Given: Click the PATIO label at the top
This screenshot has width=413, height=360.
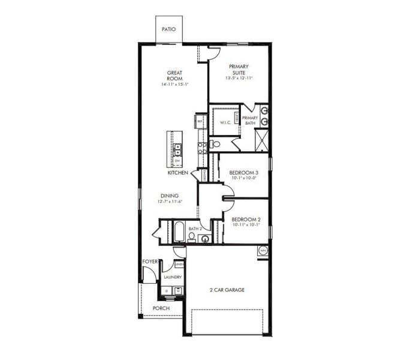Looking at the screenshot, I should pos(168,28).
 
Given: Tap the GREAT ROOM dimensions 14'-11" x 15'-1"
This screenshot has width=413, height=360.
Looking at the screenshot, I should pos(174,85).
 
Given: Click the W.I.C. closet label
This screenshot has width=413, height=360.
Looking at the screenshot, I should pos(226,122).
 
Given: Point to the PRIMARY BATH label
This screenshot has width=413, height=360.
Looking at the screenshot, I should pos(250,120).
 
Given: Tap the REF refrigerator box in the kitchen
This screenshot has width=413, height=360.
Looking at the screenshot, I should pos(200,122).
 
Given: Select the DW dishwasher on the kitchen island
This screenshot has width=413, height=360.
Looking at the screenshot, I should pos(177,161).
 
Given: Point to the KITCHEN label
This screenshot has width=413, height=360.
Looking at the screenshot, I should pos(178,173).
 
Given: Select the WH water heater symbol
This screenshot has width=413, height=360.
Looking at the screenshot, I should pos(263,250).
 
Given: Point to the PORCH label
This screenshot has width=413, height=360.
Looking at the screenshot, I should pos(160,308).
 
